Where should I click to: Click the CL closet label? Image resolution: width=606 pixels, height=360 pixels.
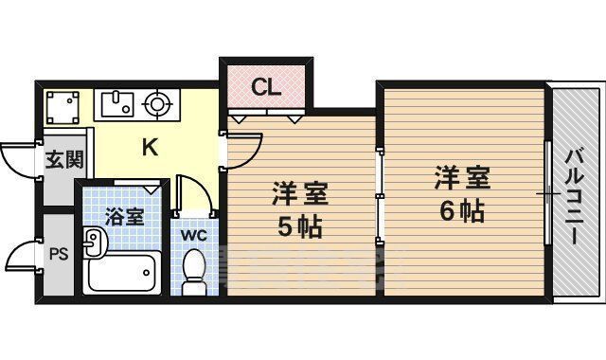[x=266, y=88]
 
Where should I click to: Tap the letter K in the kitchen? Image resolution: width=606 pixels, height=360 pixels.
[x=150, y=147]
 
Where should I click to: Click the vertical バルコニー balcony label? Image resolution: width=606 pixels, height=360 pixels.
[x=575, y=195]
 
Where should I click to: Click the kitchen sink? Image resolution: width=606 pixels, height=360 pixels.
[x=116, y=102]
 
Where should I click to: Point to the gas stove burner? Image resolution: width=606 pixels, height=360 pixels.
[x=158, y=101]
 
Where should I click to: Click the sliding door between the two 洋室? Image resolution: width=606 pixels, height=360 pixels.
[x=378, y=195]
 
